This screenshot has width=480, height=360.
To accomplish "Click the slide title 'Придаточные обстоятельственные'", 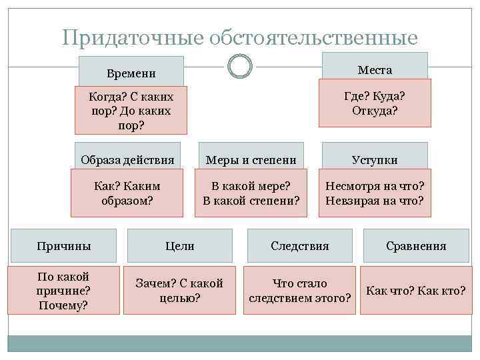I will tap(240, 37).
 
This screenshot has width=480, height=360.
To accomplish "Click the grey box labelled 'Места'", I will tap(375, 69).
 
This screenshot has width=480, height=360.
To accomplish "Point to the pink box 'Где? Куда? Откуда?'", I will tap(375, 103).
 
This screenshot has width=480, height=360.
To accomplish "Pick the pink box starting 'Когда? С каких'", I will tap(131, 110).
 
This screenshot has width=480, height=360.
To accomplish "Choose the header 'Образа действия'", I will tap(127, 159).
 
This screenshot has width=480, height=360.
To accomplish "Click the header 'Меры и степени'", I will tap(251, 159).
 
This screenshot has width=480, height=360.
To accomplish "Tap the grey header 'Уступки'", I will tap(375, 159).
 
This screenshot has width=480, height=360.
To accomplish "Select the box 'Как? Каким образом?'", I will tap(127, 192).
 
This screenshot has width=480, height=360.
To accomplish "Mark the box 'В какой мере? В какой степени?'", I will tap(251, 192).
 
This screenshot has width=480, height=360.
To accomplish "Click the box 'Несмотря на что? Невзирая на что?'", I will tap(375, 192).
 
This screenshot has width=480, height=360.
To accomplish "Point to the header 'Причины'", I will tap(63, 245).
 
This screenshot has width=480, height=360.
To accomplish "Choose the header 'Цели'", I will tap(180, 245).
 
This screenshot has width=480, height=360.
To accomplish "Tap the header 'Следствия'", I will tap(300, 245).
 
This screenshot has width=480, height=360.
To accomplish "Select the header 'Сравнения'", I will tap(416, 245).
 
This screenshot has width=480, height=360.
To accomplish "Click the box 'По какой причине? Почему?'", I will tap(63, 291).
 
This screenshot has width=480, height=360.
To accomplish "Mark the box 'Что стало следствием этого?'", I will tap(300, 291).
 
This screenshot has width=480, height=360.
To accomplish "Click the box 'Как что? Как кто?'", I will tap(416, 291).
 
